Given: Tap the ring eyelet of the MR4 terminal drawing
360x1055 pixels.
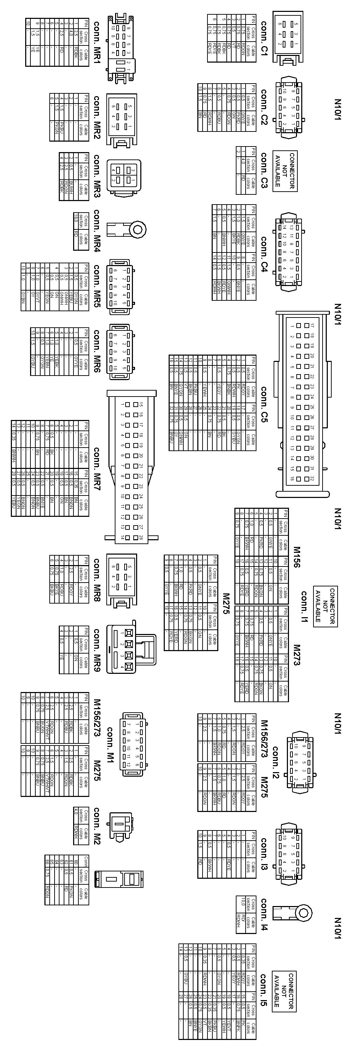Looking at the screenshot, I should (138, 230).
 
